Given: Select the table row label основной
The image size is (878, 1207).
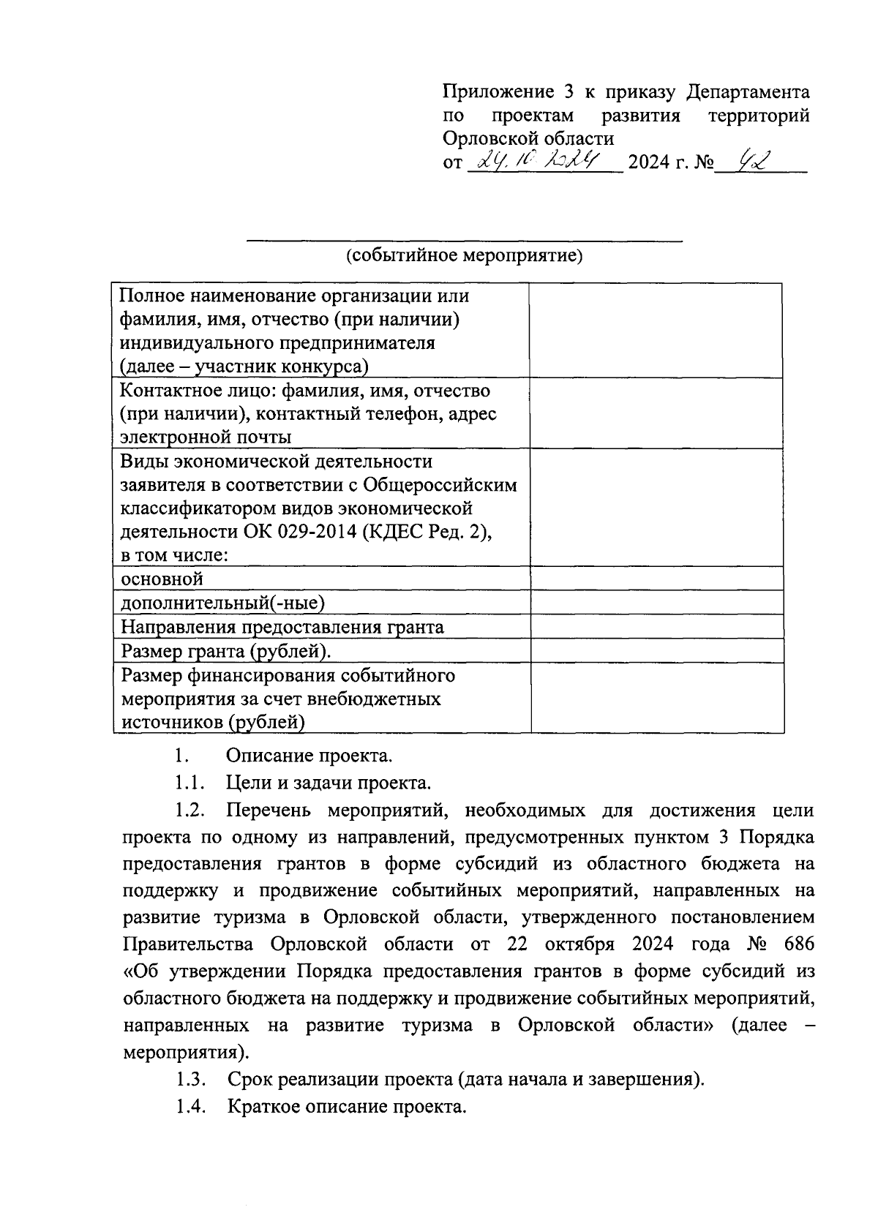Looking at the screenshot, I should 162,579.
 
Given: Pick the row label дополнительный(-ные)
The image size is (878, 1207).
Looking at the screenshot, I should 222,603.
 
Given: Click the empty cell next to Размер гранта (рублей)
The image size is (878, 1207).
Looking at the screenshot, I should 656,651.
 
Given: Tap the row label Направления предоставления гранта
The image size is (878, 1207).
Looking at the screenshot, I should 282,627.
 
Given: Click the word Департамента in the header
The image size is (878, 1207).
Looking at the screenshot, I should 748,92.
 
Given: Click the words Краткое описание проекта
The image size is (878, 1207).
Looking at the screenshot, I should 346,1106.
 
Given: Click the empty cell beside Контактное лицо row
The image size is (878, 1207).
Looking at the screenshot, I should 656,413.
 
